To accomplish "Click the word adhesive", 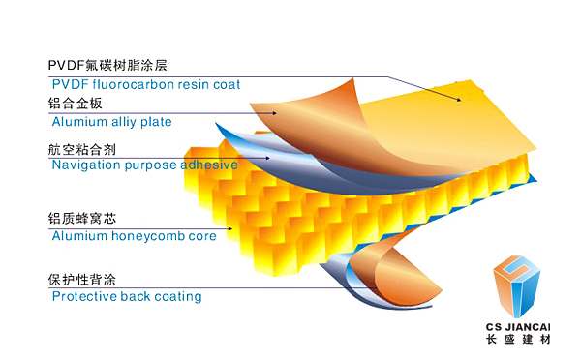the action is [209, 165].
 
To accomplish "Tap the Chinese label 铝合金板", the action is [75, 104].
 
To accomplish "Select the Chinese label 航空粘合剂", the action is [82, 150].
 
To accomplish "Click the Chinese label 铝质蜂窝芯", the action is [82, 219].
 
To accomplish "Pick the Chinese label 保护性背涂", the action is [82, 280].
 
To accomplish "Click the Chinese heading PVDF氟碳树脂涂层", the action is [107, 65].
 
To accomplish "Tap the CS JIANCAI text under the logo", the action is [518, 327].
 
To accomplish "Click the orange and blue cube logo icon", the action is [516, 286].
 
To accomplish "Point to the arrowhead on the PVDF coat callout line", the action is [459, 100].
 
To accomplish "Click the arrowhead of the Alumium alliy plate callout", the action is [275, 113].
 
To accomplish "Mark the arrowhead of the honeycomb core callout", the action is [230, 228].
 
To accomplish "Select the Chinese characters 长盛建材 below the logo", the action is [518, 339].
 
